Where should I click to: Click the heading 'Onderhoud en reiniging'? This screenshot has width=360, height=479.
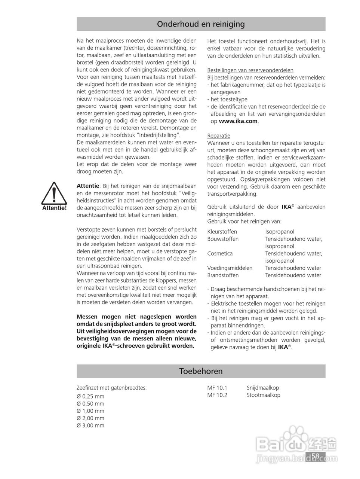(201, 24)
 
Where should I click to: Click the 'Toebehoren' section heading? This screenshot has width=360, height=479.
(201, 371)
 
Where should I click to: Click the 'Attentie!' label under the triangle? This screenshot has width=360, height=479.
(54, 208)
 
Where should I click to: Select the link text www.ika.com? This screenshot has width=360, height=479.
(238, 121)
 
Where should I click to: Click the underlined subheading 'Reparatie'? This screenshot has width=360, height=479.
(219, 135)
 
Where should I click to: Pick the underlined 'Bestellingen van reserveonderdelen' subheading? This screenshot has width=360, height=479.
(250, 70)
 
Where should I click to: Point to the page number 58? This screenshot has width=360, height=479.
(315, 456)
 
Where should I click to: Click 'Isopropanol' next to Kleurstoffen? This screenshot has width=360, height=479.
(280, 232)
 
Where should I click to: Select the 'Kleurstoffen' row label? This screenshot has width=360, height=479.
(222, 232)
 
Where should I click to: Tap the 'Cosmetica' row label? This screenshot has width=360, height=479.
(220, 253)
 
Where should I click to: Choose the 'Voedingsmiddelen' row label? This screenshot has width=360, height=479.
(230, 268)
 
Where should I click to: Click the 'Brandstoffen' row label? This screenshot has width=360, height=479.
(223, 275)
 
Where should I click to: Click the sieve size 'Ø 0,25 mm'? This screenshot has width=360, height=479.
(90, 397)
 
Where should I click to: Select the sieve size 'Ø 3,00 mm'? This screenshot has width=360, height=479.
(90, 425)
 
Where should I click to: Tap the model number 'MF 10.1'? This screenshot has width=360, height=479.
(217, 388)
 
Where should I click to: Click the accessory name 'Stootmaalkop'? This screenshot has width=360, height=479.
(263, 395)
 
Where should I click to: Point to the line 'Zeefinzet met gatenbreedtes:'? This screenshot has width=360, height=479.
(111, 388)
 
